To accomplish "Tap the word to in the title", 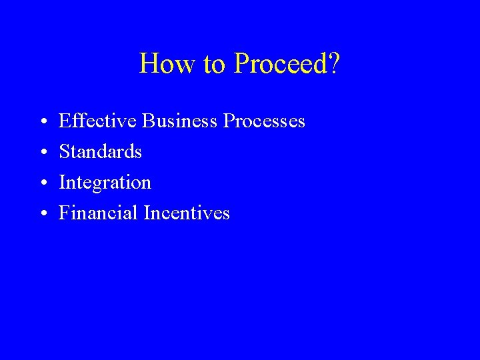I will (215, 64).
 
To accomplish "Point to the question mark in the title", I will (335, 64).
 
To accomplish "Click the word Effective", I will (98, 121).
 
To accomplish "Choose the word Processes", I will (264, 121).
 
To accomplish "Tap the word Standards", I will (101, 152).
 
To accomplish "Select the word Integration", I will (105, 182).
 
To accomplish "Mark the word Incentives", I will (189, 213).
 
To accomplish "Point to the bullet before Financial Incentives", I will (42, 214).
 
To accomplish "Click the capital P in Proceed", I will (241, 64).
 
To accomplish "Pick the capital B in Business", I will (148, 121).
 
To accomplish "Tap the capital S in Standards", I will (65, 152).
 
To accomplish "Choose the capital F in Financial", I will (65, 213).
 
